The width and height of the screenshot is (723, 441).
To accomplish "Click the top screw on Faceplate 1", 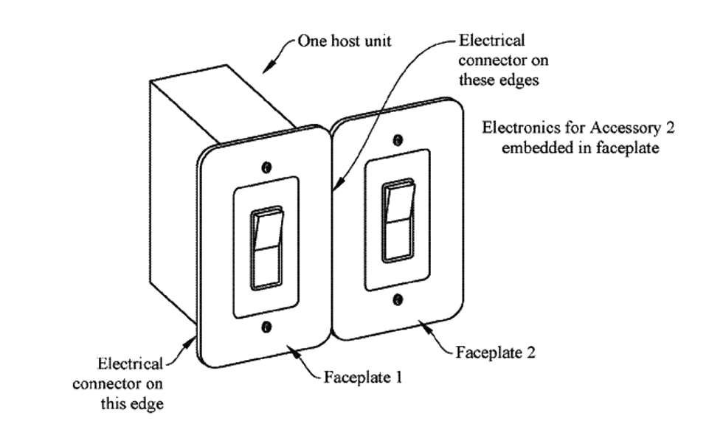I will (x=266, y=167).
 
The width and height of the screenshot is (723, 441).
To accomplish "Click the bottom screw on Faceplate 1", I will (x=266, y=326).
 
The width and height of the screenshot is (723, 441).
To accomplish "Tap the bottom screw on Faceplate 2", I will (x=398, y=299).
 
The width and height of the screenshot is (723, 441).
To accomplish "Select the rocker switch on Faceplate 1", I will (x=267, y=248).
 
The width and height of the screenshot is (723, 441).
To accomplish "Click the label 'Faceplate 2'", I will (x=496, y=352).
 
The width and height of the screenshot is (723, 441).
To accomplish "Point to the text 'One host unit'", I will (x=344, y=41).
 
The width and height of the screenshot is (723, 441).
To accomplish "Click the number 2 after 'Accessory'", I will (x=670, y=128).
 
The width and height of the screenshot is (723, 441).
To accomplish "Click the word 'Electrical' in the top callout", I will (x=491, y=40).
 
